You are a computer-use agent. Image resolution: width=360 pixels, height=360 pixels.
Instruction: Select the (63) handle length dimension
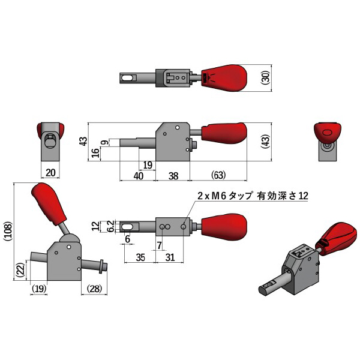218,175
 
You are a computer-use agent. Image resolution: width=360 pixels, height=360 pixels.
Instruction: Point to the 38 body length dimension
173,175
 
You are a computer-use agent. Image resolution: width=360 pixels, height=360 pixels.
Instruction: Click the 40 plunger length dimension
138,175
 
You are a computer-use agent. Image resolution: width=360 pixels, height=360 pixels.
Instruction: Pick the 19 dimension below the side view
148,164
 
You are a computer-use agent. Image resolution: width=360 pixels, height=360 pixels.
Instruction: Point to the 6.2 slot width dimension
110,227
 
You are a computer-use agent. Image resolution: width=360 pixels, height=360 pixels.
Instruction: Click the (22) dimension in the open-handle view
20,271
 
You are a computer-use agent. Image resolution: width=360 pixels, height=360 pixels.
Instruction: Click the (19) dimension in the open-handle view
40,289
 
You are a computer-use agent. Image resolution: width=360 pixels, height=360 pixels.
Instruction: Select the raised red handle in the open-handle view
50,204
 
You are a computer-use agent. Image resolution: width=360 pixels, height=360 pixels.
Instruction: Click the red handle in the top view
225,78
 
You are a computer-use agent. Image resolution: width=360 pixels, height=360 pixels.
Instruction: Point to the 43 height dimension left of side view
83,142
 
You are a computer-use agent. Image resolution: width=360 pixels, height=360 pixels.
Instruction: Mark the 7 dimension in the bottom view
159,245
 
